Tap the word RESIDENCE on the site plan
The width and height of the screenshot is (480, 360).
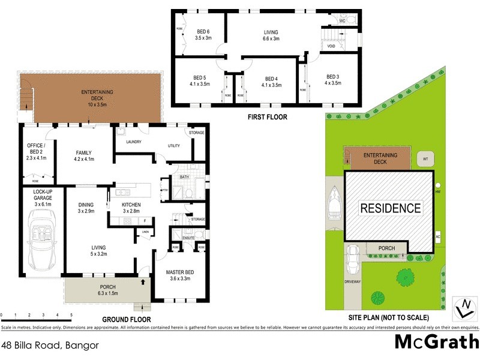(x=389, y=209)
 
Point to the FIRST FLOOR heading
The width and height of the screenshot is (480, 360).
(x=268, y=117)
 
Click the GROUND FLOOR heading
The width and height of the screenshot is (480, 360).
(x=126, y=319)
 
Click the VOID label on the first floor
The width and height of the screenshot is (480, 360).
(x=331, y=46)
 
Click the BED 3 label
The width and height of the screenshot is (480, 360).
(x=334, y=80)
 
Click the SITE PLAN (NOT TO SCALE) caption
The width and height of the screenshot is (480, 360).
(x=391, y=317)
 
